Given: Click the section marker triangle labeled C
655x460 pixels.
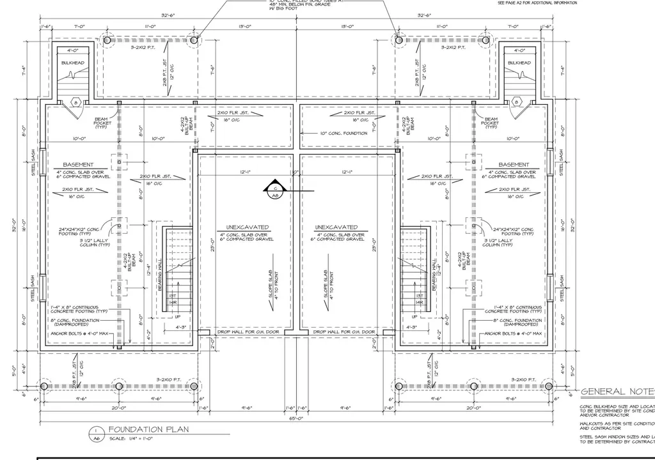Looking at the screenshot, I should tap(274, 187).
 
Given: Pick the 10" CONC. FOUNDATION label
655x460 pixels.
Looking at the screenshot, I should tap(343, 134).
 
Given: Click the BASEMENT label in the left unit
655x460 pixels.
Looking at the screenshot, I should tap(79, 164).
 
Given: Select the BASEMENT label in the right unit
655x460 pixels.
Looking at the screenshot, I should tap(514, 164).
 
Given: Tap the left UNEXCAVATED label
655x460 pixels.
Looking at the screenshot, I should tap(247, 227).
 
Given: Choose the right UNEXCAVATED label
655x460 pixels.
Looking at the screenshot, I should tap(336, 227).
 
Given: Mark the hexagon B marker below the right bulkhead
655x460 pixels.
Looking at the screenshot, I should tap(516, 102).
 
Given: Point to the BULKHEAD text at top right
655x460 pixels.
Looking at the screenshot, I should tap(519, 63).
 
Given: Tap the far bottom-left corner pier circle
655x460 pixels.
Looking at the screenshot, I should tap(44, 386).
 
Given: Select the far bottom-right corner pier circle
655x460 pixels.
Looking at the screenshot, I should tap(548, 386).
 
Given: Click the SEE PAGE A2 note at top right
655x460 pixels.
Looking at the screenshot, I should tap(537, 3).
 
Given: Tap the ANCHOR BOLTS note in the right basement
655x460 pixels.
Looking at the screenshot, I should tap(513, 333).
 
